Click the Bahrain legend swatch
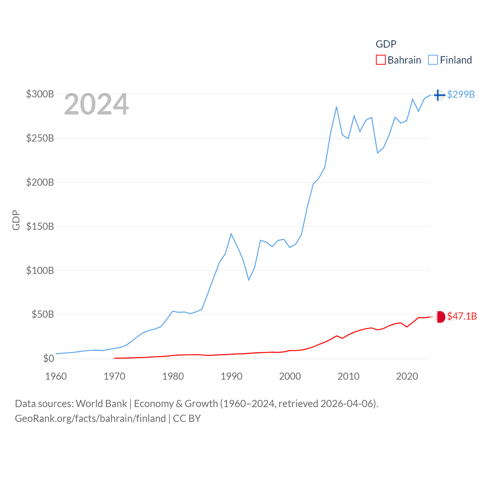(380, 60)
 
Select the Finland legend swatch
(433, 60)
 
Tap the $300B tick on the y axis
(40, 94)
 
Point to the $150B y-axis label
(40, 226)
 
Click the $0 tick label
(48, 358)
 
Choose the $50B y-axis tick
(43, 314)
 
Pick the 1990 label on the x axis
(231, 376)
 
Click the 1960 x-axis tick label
(56, 376)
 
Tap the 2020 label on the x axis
(407, 376)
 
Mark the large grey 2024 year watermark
(96, 104)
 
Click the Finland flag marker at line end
(439, 95)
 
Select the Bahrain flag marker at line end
(440, 317)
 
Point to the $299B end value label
(461, 94)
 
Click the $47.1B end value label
(462, 316)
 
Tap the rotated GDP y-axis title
(16, 220)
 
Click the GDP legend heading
(386, 44)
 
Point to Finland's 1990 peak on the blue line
(231, 234)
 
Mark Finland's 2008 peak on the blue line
(336, 107)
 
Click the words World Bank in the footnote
(101, 403)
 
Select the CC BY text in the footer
(186, 419)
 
